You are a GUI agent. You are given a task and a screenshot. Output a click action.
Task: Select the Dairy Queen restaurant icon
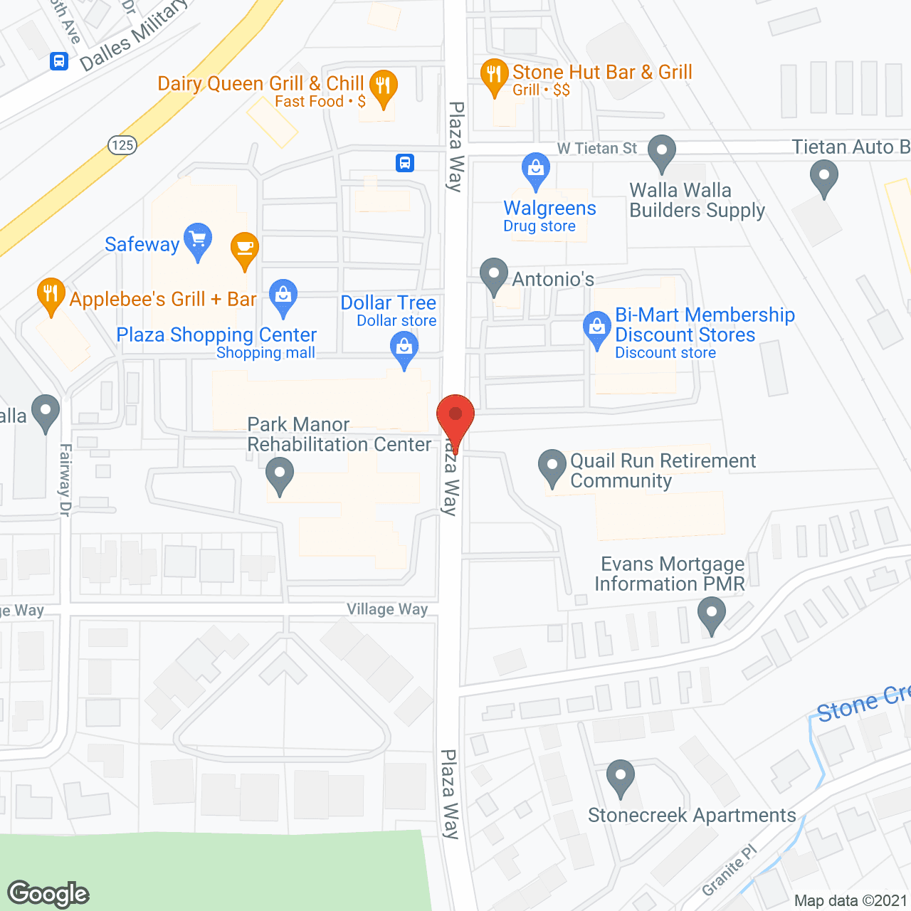pyautogui.click(x=383, y=87)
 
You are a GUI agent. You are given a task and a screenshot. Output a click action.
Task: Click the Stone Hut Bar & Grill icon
pyautogui.click(x=494, y=75)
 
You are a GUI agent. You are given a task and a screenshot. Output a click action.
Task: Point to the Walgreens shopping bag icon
pyautogui.click(x=535, y=169)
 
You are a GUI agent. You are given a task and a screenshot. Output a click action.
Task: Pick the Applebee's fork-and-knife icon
pyautogui.click(x=51, y=294)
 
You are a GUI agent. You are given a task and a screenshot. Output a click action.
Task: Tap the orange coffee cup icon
pyautogui.click(x=245, y=248)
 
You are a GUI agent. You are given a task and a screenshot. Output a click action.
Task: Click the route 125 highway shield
pyautogui.click(x=122, y=145)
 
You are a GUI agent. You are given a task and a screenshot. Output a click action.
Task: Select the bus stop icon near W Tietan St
pyautogui.click(x=405, y=163)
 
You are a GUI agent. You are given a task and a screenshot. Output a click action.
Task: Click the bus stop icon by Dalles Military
pyautogui.click(x=59, y=61)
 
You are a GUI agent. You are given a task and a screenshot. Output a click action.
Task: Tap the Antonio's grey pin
pyautogui.click(x=494, y=274)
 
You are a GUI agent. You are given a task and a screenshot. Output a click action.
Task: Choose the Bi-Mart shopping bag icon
pyautogui.click(x=597, y=327)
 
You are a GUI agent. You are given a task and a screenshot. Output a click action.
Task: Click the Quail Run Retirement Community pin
pyautogui.click(x=552, y=465)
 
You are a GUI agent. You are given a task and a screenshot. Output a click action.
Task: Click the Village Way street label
pyautogui.click(x=387, y=609)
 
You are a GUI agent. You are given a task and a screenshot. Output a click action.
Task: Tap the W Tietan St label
pyautogui.click(x=597, y=148)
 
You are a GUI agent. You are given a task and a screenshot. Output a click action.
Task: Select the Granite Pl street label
pyautogui.click(x=730, y=870)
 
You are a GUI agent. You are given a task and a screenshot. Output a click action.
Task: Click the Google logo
pyautogui.click(x=48, y=894)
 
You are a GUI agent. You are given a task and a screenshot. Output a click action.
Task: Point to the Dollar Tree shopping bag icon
pyautogui.click(x=404, y=348)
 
